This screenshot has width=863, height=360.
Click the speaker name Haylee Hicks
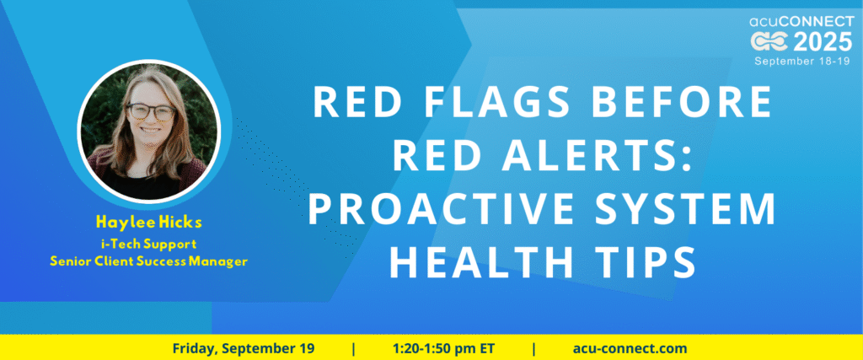point(148,222)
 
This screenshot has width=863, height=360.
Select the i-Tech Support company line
point(148,243)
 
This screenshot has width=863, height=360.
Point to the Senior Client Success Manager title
point(148,261)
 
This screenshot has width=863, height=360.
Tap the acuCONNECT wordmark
point(801,22)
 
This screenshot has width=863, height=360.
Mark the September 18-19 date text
point(803,61)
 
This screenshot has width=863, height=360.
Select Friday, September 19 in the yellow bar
point(244,348)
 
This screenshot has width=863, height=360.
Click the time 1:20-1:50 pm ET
point(443,348)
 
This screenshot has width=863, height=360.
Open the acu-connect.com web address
point(630,348)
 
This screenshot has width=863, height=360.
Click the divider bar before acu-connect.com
point(533,348)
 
